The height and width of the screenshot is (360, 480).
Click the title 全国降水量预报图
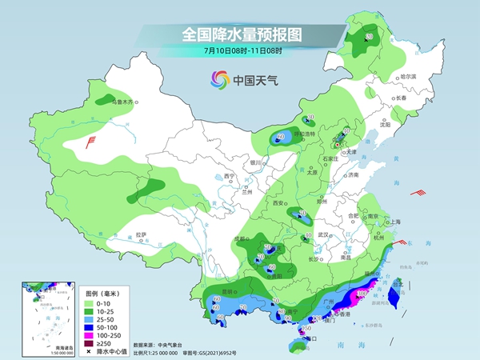[240, 34]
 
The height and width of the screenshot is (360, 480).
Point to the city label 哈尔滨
[409, 76]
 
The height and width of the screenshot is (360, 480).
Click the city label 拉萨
[142, 234]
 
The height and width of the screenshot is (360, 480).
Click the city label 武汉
[324, 234]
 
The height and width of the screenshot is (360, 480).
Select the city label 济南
[354, 174]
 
